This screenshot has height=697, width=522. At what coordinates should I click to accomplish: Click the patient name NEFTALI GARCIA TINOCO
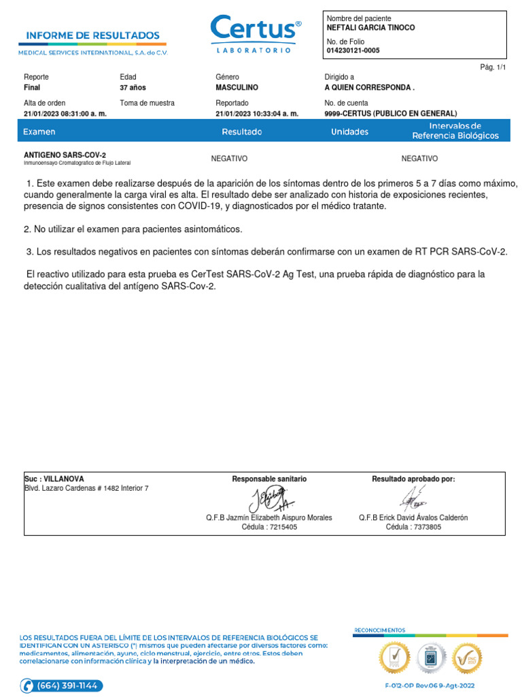370,28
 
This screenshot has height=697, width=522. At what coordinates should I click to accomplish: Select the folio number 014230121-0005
353,50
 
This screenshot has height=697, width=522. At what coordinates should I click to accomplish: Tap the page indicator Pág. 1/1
493,67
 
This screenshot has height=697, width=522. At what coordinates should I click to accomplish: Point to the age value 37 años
133,88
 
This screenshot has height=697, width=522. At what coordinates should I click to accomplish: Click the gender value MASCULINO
237,88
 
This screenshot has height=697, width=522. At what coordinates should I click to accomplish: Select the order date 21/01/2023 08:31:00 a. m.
65,114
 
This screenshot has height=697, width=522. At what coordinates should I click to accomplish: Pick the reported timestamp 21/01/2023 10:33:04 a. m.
257,114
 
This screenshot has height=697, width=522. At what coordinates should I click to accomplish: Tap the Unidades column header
349,131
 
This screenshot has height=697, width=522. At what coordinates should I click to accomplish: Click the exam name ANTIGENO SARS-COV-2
65,155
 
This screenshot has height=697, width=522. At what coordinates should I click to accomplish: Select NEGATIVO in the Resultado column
229,159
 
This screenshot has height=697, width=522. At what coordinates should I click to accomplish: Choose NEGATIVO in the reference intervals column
419,159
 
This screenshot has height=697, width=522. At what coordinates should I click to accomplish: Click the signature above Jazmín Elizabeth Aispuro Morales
269,501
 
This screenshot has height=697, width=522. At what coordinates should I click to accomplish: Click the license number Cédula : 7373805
413,527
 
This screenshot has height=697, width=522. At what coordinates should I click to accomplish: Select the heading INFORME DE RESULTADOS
93,35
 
